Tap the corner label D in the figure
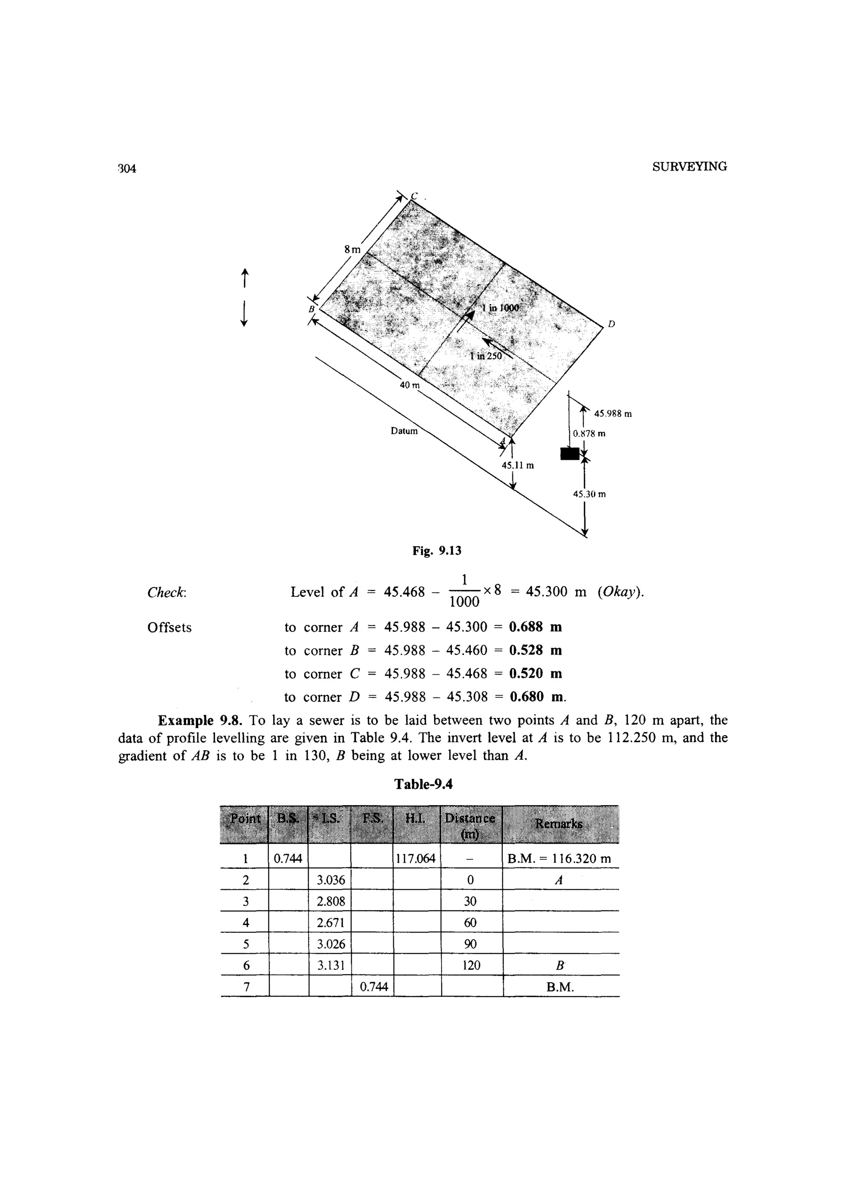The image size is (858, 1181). (611, 324)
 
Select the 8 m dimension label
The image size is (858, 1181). (352, 249)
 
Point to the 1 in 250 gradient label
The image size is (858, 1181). (485, 356)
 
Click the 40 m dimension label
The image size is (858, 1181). (409, 385)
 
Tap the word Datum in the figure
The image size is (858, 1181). (404, 431)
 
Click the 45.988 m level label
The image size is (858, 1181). (613, 414)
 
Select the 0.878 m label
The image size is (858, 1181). (589, 433)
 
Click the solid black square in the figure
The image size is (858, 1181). (570, 453)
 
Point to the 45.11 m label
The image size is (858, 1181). (517, 465)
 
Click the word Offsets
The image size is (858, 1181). (169, 627)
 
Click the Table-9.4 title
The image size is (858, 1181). (423, 784)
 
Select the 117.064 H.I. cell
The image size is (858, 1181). (416, 858)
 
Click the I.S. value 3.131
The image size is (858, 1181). (331, 965)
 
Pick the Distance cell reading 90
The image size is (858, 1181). (470, 943)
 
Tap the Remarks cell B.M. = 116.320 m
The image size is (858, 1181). (559, 858)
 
